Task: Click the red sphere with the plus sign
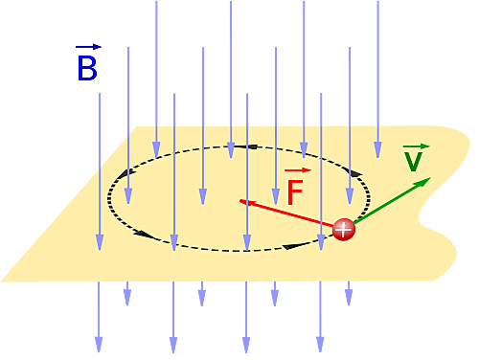point(344,229)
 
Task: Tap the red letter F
point(295,192)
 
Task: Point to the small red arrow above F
point(297,170)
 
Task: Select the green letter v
point(413,162)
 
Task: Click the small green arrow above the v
point(418,146)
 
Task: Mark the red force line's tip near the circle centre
point(241,201)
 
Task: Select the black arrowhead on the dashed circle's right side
point(356,173)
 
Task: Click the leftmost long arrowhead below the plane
point(99,342)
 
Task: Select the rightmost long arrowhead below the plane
point(320,342)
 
